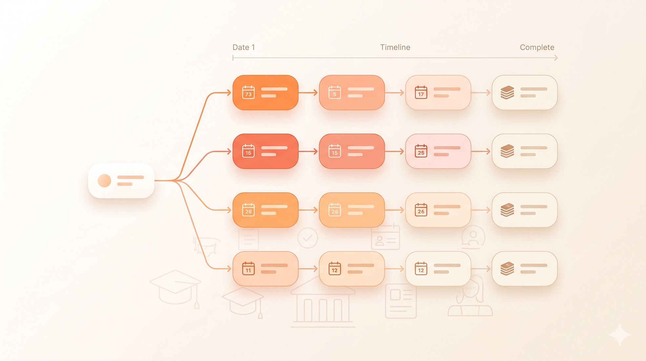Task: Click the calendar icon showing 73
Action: coord(248,93)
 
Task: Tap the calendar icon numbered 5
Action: coord(334,93)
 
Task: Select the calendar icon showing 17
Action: coord(421,93)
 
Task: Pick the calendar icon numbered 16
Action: coord(248,151)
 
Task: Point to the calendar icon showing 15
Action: coord(334,151)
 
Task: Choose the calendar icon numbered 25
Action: coord(421,151)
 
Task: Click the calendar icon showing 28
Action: coord(248,210)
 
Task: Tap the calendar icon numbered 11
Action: coord(248,269)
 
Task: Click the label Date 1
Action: coord(244,47)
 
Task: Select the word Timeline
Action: coord(395,47)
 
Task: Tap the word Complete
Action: coord(537,47)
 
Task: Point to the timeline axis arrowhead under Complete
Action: coord(556,58)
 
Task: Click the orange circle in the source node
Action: coord(104,180)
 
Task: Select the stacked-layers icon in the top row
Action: coord(507,93)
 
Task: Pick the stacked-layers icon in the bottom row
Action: coord(507,269)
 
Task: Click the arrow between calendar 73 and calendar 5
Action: coord(308,93)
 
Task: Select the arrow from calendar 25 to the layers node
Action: coord(481,151)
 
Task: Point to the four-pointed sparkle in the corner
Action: coord(620,335)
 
